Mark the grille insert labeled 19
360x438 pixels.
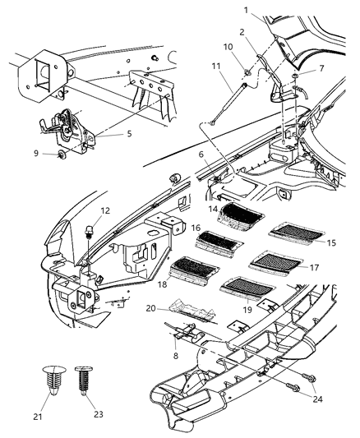(x=247, y=288)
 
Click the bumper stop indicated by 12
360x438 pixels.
(x=88, y=231)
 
